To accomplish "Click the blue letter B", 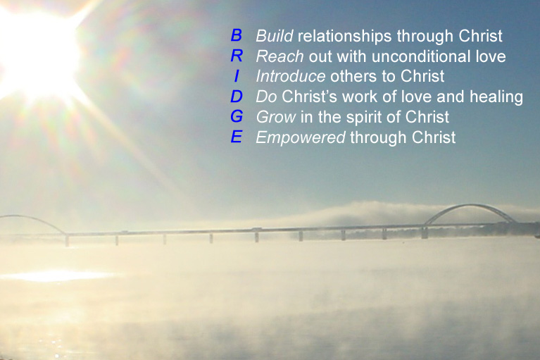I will [x=237, y=35].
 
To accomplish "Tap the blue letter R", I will [x=237, y=56].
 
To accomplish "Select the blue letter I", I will [x=237, y=76].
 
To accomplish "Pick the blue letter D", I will [x=237, y=97].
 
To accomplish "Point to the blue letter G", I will [x=237, y=117].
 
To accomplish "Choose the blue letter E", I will [x=237, y=137].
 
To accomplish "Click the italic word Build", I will [x=273, y=35].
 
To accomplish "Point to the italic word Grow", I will [x=272, y=117].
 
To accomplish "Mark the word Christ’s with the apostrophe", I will [x=310, y=97].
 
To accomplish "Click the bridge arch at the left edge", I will [x=28, y=220].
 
